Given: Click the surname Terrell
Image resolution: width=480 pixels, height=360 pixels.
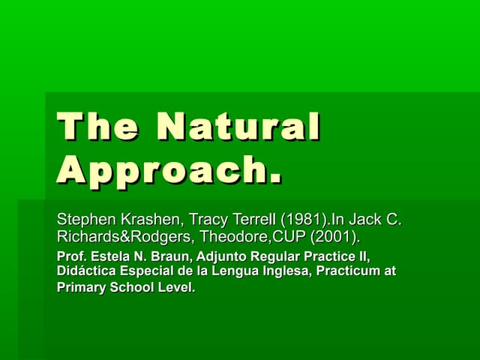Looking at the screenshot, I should [x=254, y=220].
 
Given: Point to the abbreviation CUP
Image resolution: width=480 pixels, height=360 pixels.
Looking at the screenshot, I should [x=289, y=238].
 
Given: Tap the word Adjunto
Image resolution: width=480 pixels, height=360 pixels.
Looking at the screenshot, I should [x=214, y=257].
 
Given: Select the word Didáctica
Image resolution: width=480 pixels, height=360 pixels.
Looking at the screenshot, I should [x=86, y=271].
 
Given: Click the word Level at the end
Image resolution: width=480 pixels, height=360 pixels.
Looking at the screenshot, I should [x=176, y=286].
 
